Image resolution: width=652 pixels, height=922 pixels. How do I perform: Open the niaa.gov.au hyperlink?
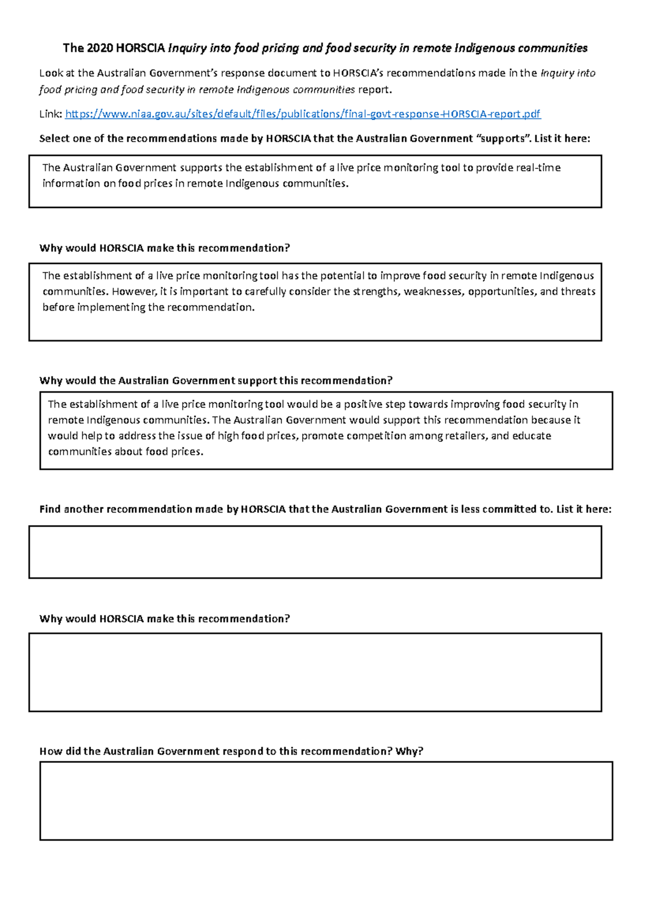click(x=303, y=114)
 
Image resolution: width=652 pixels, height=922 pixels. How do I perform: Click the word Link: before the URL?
click(x=51, y=114)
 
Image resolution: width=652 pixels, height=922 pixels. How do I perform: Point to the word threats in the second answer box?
click(x=578, y=292)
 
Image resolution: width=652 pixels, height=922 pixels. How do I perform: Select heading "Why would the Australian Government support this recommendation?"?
click(x=216, y=381)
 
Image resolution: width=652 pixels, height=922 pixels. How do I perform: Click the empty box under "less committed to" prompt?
click(x=315, y=552)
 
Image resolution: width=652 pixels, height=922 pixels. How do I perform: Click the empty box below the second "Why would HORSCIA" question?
click(x=315, y=672)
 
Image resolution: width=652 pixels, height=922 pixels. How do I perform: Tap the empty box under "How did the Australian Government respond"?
click(x=326, y=801)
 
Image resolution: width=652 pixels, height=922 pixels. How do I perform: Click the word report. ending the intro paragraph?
click(x=374, y=90)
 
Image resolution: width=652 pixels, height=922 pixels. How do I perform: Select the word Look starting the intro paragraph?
click(x=51, y=73)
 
